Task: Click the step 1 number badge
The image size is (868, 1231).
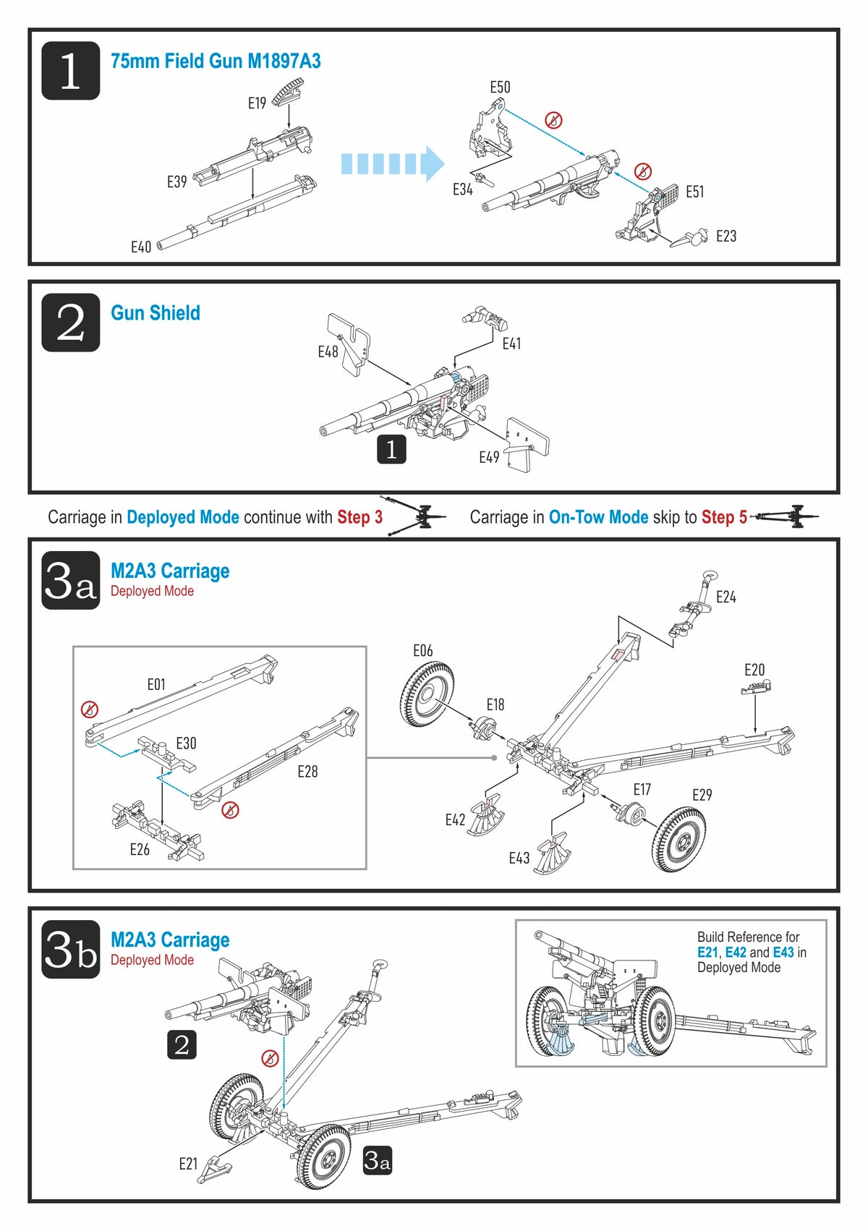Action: coord(70,70)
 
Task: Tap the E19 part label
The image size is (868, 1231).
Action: coord(257,103)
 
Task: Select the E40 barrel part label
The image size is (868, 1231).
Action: coord(141,247)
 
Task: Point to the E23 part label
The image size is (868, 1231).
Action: coord(726,237)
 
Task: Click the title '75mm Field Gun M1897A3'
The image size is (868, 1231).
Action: coord(216,61)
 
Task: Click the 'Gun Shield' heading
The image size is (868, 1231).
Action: coord(156,313)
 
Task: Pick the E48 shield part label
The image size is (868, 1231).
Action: coord(328,352)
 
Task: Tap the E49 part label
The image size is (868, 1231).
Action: coord(489,457)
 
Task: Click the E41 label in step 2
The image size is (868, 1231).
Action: coord(511,344)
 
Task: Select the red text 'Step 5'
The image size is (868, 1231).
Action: coord(724,517)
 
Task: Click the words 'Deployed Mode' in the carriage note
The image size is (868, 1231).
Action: coord(183,517)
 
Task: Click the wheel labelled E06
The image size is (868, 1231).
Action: coord(427,695)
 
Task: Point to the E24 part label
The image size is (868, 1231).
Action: coord(726,597)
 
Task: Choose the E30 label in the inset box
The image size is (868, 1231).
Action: coord(186,744)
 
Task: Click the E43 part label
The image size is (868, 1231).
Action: coord(519,859)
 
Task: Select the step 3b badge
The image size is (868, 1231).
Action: coord(70,949)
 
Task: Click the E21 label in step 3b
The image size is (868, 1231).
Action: coord(188,1164)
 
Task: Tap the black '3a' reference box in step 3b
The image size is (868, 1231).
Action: coord(377,1161)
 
